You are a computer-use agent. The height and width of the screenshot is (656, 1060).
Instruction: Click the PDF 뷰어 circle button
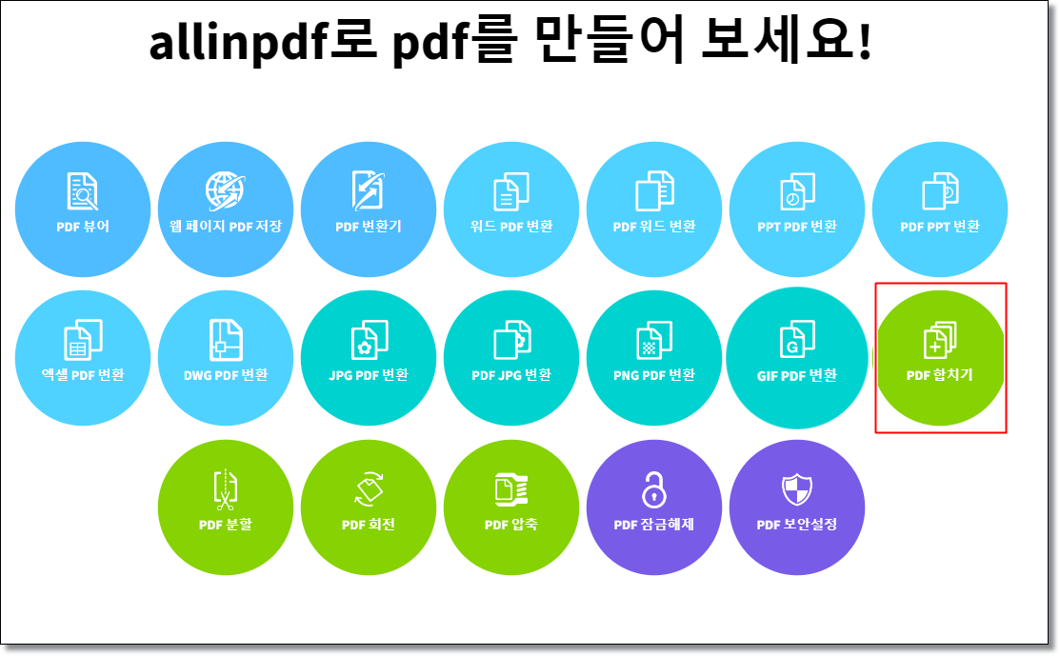tap(83, 209)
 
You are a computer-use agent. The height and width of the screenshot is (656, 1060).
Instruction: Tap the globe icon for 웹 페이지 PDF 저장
tap(226, 190)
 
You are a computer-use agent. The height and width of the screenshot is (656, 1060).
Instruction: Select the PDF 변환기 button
tap(369, 209)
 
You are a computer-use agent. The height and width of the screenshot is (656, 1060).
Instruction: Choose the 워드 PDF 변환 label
tap(511, 227)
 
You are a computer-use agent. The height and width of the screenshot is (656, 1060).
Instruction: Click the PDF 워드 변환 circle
tap(654, 209)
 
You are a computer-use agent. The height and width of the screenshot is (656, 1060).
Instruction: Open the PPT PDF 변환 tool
tap(797, 209)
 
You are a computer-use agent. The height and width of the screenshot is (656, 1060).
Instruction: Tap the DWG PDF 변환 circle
tap(226, 357)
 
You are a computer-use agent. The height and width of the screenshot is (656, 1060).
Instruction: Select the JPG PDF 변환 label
tap(369, 375)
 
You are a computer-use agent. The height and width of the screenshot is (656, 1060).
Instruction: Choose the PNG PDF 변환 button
tap(654, 357)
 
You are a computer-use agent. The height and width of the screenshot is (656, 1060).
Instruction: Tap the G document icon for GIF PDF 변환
tap(797, 339)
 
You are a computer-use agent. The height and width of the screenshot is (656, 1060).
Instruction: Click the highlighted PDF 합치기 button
tap(940, 357)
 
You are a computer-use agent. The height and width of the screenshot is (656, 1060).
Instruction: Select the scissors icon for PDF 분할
tap(226, 487)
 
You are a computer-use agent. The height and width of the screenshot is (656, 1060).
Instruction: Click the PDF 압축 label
tap(511, 525)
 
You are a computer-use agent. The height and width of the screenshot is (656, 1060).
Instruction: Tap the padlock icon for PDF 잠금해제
tap(654, 489)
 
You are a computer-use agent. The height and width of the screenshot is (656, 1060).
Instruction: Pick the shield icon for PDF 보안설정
tap(797, 489)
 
